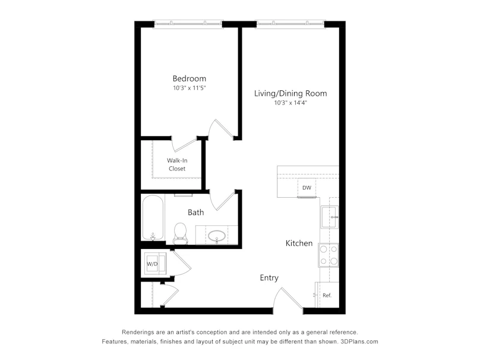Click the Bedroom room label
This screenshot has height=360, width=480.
click(189, 78)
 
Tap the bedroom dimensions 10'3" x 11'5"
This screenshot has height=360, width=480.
click(189, 88)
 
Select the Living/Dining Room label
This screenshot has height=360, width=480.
click(290, 93)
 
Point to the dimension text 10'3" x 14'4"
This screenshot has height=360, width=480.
click(290, 103)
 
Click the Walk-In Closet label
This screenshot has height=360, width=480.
click(177, 165)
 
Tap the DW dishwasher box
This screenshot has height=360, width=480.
click(307, 188)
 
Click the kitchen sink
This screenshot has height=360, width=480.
click(330, 217)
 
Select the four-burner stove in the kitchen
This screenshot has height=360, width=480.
click(329, 255)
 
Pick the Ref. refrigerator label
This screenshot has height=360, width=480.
click(327, 295)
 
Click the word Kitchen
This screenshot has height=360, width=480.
click(299, 244)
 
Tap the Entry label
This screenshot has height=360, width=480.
click(269, 277)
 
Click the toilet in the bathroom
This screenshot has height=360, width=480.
click(180, 233)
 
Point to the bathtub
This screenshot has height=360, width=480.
click(153, 217)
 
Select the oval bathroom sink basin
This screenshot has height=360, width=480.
click(217, 236)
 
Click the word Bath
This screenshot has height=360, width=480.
click(195, 212)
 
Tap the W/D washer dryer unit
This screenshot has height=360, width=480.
click(155, 264)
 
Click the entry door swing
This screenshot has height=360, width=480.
click(288, 298)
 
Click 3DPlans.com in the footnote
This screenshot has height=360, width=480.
click(359, 342)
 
